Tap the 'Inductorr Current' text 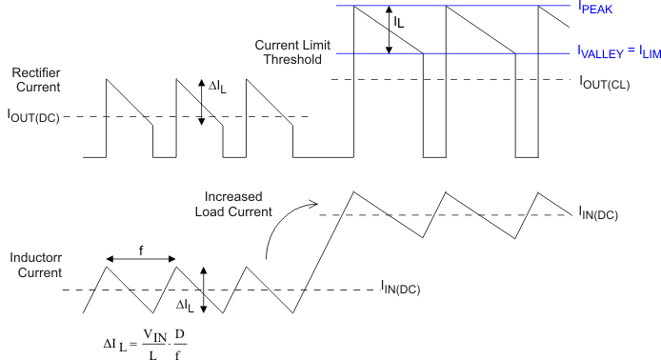[x=35, y=266]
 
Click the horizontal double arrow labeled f [x=141, y=258]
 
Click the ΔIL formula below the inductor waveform [x=141, y=343]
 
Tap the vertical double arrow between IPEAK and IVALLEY [x=388, y=30]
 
